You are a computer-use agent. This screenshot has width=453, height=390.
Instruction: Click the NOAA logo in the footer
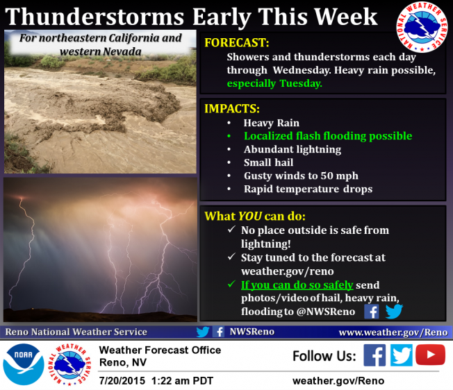click(x=24, y=364)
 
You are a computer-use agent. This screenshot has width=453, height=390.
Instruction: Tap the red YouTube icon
click(x=430, y=355)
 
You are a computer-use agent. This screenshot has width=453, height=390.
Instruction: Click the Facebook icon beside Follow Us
click(x=374, y=355)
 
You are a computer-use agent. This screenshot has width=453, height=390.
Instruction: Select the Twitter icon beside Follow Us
click(x=402, y=355)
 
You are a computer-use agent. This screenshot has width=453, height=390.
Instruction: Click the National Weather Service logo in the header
click(x=422, y=27)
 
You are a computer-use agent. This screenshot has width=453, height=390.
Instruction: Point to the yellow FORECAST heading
click(x=237, y=43)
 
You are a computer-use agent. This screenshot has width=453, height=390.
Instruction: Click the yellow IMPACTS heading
click(x=232, y=109)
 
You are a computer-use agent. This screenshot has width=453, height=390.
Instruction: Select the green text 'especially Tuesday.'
click(x=274, y=84)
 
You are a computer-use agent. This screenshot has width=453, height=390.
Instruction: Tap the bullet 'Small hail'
click(x=268, y=162)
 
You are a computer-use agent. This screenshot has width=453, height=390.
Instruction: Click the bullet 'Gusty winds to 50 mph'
click(x=301, y=176)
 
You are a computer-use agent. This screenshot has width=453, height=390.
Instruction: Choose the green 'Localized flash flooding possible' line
click(x=328, y=136)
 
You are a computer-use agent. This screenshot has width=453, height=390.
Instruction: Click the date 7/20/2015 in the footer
click(x=122, y=381)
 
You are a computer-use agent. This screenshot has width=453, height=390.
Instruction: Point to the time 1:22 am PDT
click(x=182, y=381)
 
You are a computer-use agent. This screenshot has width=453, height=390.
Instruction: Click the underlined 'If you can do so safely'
click(x=297, y=285)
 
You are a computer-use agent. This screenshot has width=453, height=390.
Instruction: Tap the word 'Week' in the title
click(x=346, y=17)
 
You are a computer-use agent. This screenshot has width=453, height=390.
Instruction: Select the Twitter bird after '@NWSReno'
click(x=394, y=311)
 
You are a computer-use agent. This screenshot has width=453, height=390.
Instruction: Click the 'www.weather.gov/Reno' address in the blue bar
click(x=393, y=332)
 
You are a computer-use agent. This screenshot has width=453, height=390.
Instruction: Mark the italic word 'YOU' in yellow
click(x=250, y=216)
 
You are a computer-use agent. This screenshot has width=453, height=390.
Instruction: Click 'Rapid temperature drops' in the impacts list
click(x=308, y=189)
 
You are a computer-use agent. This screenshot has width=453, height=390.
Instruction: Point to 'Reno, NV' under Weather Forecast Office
click(x=123, y=362)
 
